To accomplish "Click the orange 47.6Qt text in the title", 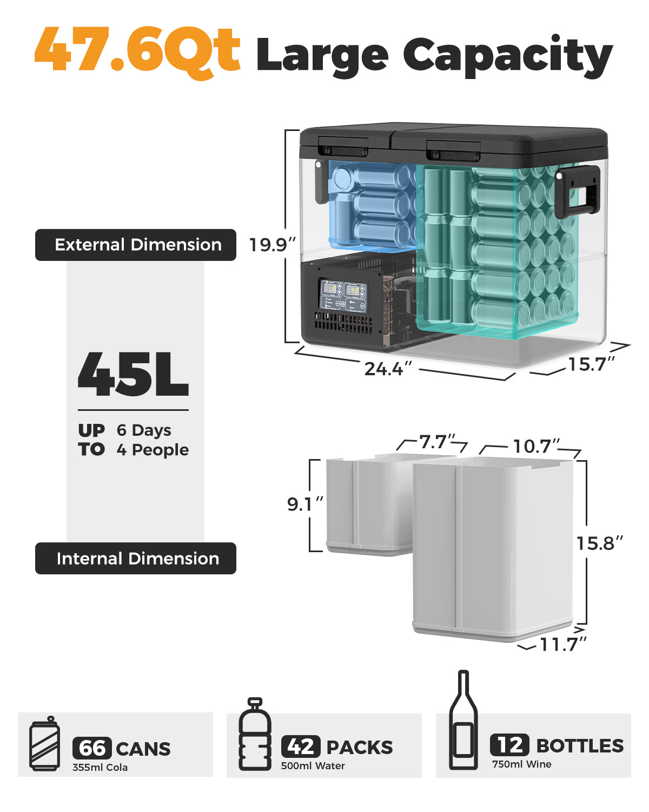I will [x=138, y=51].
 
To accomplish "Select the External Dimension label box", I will [x=136, y=245].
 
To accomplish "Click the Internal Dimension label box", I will [x=136, y=558].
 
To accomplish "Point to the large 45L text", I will [x=133, y=375].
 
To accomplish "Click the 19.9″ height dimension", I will [x=272, y=245].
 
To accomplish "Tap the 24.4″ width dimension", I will [x=388, y=369].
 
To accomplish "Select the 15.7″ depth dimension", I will [x=591, y=364].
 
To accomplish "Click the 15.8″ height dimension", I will [x=599, y=543].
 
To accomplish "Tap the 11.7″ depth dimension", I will [x=563, y=644].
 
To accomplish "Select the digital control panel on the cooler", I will [x=343, y=296].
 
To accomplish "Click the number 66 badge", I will [x=92, y=748].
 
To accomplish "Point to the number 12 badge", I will [x=509, y=745].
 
